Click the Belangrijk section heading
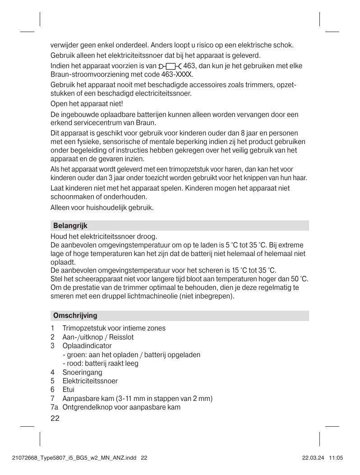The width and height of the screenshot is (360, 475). tap(70, 225)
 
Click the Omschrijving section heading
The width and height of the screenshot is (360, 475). tap(75, 315)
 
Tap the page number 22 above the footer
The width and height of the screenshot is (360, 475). tap(55, 418)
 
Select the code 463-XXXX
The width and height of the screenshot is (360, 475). tap(178, 75)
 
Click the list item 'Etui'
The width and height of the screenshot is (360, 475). tap(69, 389)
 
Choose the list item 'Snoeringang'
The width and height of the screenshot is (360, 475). tap(82, 372)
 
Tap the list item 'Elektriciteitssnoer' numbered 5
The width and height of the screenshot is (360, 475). tap(90, 381)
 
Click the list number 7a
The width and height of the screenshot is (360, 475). tap(54, 407)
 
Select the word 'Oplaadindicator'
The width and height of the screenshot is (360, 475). tap(87, 346)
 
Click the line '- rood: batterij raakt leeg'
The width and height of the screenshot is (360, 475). tap(101, 363)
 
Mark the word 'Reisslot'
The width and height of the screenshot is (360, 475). tap(121, 337)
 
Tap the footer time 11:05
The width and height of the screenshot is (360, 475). tap(337, 458)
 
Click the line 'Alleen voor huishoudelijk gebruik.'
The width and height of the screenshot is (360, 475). tap(102, 208)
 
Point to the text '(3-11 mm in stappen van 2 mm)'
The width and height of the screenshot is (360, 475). tap(164, 398)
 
